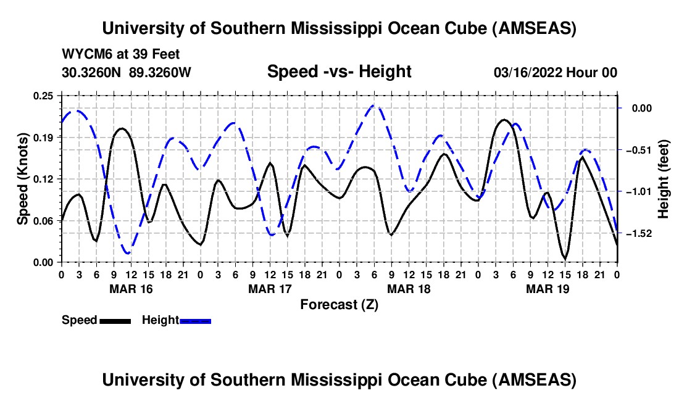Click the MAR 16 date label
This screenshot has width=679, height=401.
131,288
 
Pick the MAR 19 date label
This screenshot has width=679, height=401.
548,288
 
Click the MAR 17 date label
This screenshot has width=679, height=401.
270,288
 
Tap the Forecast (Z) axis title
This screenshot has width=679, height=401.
339,304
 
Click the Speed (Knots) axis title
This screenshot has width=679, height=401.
23,179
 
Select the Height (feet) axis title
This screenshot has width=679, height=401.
664,179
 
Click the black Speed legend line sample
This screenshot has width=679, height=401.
114,320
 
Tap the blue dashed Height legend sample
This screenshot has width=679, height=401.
195,320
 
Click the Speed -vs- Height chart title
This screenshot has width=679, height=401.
339,72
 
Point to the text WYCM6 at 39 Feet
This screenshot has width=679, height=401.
121,54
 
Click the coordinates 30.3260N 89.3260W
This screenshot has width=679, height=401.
127,72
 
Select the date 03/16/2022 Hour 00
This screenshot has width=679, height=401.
556,72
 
